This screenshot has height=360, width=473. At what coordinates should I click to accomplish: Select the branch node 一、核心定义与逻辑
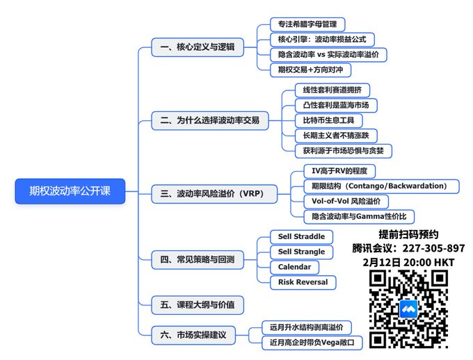tap(197, 47)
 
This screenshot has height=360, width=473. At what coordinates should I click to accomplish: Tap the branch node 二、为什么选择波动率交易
tap(209, 120)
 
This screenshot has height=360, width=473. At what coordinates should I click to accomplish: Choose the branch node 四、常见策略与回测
tap(197, 260)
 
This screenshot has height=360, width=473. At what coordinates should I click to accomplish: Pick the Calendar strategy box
tap(294, 267)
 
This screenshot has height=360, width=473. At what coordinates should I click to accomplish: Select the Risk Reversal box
tap(303, 282)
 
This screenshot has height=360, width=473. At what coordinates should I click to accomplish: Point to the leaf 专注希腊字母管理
tap(307, 24)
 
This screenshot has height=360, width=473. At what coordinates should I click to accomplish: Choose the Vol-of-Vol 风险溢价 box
tap(346, 201)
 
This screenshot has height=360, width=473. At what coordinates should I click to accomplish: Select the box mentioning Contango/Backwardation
tap(381, 186)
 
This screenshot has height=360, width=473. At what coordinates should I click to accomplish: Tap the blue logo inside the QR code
tap(408, 309)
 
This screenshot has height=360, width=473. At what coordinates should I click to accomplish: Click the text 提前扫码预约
tap(408, 234)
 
